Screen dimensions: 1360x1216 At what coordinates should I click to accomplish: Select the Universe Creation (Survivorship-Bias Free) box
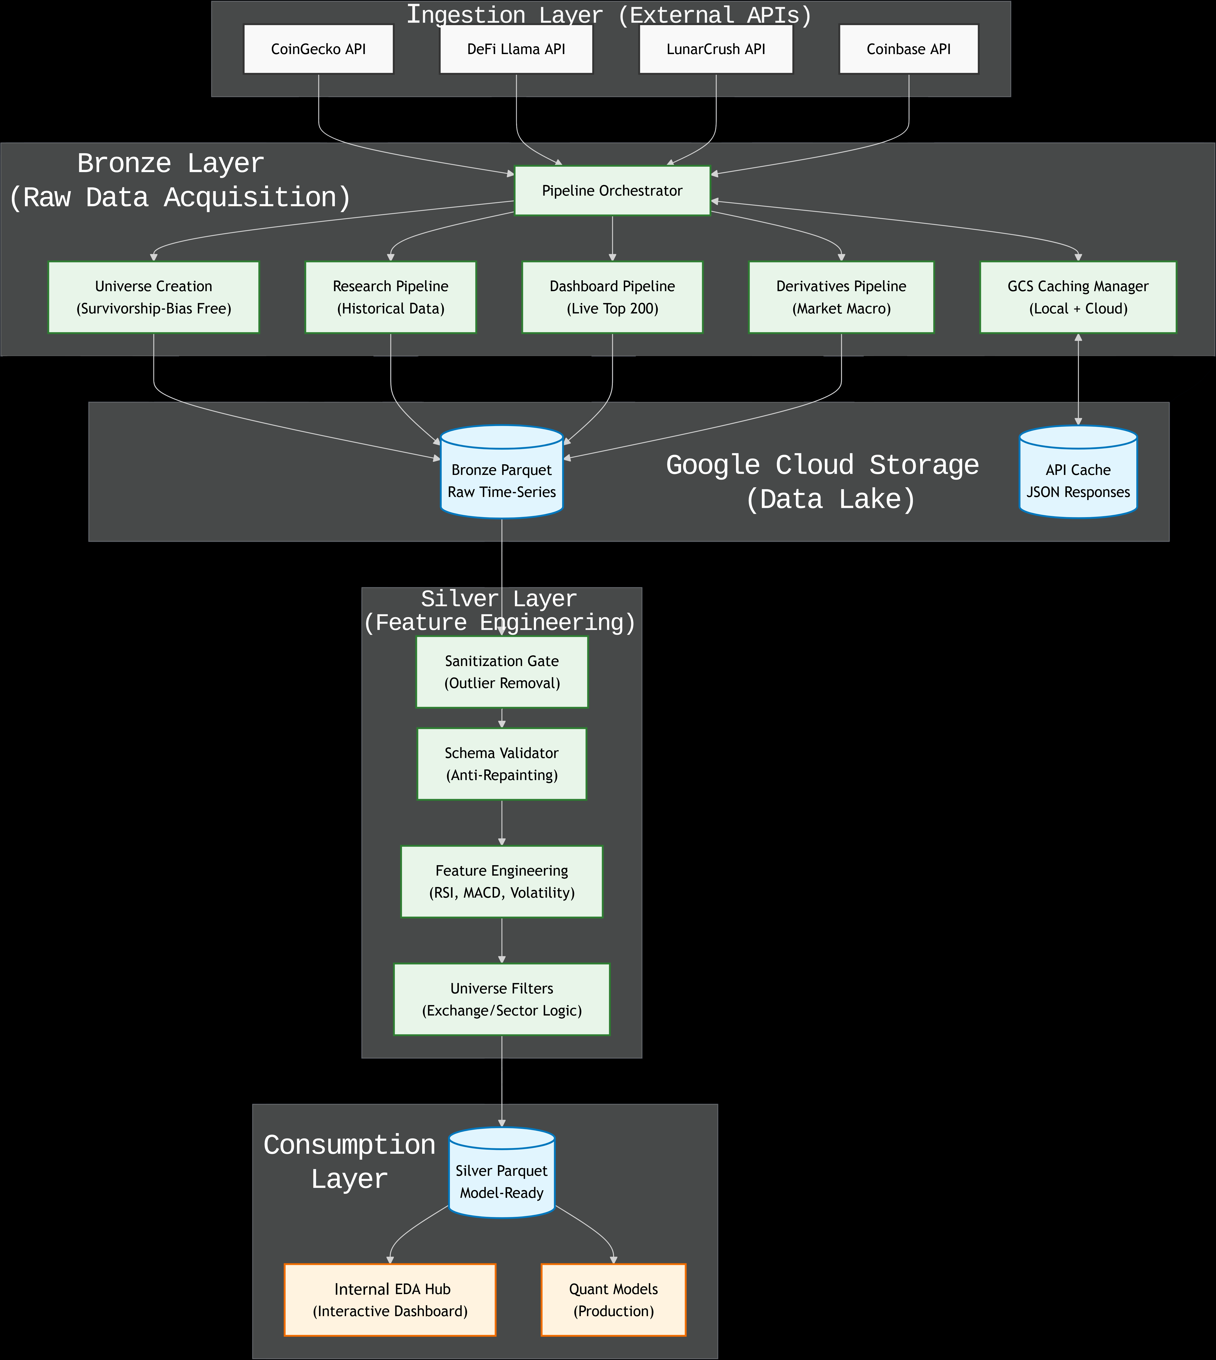pyautogui.click(x=154, y=297)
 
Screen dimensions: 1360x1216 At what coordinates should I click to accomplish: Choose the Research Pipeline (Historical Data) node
pyautogui.click(x=390, y=297)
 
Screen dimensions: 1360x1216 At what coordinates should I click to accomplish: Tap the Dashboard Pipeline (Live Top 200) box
pyautogui.click(x=612, y=297)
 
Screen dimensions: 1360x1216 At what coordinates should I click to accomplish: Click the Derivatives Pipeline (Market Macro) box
pyautogui.click(x=841, y=297)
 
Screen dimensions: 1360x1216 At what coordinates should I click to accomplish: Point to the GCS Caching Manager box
pyautogui.click(x=1078, y=297)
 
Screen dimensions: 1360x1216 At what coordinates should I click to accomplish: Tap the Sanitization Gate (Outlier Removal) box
pyautogui.click(x=502, y=672)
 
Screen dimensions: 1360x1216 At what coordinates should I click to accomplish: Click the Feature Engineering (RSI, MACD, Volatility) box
pyautogui.click(x=502, y=882)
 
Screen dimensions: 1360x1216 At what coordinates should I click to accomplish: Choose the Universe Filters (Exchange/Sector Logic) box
pyautogui.click(x=502, y=999)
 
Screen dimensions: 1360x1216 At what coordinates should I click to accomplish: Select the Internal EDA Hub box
pyautogui.click(x=390, y=1300)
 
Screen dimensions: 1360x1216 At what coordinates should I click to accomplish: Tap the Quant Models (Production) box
pyautogui.click(x=613, y=1300)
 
